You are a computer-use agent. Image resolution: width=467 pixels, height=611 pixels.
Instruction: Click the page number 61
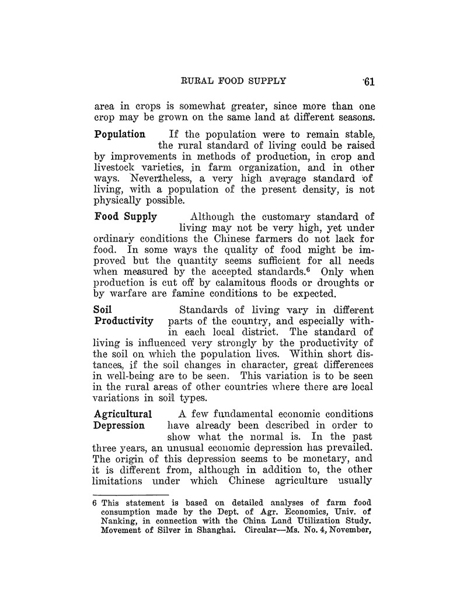click(368, 82)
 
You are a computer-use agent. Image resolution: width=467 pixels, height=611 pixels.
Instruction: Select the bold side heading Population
click(120, 134)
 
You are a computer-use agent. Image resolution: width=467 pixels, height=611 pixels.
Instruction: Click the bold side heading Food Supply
click(126, 217)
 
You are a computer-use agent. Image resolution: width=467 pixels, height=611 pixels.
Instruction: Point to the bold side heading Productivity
click(124, 321)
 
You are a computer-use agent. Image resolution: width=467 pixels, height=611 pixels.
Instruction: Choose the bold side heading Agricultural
click(123, 414)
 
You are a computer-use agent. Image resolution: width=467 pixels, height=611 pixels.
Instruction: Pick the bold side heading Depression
click(120, 425)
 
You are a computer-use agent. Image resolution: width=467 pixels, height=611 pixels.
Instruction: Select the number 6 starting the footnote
click(97, 502)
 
